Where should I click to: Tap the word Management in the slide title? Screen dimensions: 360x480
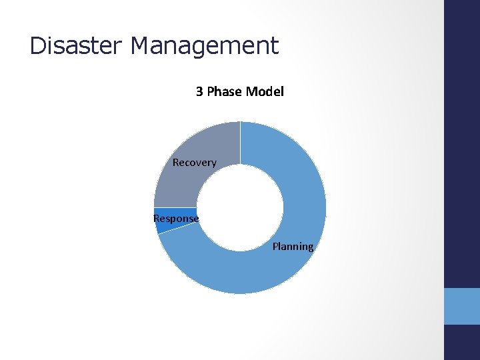click(205, 46)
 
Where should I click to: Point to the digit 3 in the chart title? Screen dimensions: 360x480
click(199, 91)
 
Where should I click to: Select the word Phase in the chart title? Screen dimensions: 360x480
click(225, 91)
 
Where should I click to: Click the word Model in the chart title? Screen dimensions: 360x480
click(265, 91)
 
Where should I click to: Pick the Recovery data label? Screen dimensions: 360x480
click(194, 163)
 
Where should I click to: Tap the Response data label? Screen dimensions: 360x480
click(176, 219)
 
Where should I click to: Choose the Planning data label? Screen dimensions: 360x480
click(293, 247)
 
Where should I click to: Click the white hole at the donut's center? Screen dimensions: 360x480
click(240, 207)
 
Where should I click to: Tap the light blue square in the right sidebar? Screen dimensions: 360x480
click(462, 306)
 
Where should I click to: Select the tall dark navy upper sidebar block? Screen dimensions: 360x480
click(462, 143)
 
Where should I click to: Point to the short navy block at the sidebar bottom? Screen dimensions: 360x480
click(462, 342)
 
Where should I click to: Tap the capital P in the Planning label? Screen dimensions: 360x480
click(275, 247)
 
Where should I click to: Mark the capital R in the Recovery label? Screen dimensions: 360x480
click(176, 163)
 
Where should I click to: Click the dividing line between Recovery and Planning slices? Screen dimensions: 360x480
click(240, 143)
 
